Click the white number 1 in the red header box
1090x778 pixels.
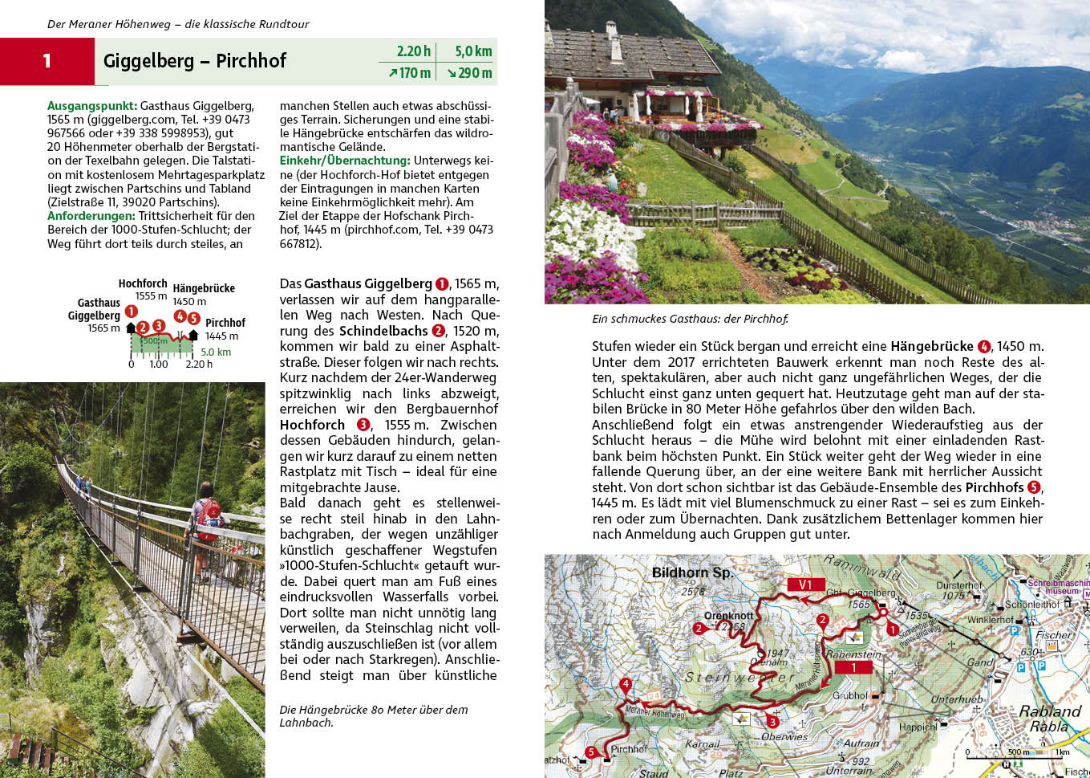click(x=47, y=61)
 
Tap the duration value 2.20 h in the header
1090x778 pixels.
click(x=413, y=51)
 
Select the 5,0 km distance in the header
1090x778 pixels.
click(x=473, y=51)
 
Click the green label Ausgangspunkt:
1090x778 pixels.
click(x=92, y=105)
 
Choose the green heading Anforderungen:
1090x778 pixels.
click(x=91, y=215)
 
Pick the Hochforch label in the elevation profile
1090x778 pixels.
click(x=143, y=283)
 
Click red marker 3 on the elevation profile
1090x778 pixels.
click(x=159, y=326)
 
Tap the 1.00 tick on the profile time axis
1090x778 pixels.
click(x=159, y=364)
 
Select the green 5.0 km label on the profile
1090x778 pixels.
click(x=216, y=352)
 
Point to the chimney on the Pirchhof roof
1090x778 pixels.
click(x=612, y=31)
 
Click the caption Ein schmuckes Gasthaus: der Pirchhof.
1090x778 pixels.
click(x=690, y=319)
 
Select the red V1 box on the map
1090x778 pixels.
click(x=805, y=585)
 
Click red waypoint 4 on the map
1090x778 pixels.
click(x=626, y=685)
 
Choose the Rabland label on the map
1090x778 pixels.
click(x=1050, y=711)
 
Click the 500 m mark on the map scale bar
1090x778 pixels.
click(x=1019, y=752)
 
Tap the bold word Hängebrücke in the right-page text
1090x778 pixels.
click(x=931, y=346)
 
